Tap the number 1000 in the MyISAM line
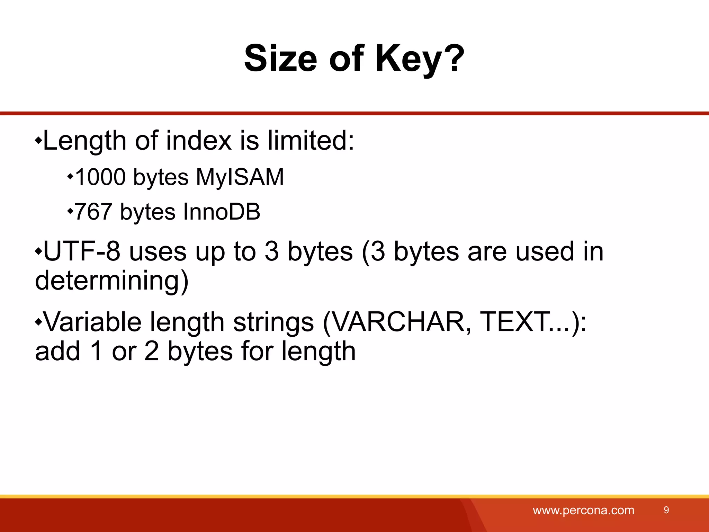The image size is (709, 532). click(100, 177)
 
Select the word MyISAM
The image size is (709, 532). click(240, 177)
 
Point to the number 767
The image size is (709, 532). click(93, 212)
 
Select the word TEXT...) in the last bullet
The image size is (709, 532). click(533, 322)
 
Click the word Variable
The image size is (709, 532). click(93, 322)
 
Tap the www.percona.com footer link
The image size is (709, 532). click(583, 510)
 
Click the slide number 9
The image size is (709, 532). click(666, 510)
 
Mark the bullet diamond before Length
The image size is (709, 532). click(38, 141)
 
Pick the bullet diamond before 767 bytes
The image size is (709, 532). click(70, 211)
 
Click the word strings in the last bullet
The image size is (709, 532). click(273, 322)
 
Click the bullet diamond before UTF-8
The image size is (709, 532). click(38, 251)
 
